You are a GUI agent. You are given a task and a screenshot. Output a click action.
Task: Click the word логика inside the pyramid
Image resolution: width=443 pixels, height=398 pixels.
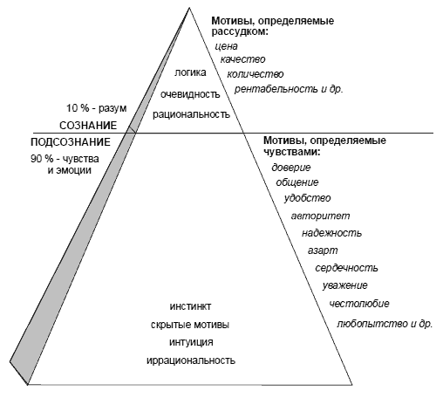point(190,72)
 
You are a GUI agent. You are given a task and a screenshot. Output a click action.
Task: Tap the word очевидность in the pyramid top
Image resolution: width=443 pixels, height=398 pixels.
point(190,94)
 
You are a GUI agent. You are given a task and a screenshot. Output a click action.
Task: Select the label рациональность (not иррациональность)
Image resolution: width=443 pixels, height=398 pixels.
point(191,114)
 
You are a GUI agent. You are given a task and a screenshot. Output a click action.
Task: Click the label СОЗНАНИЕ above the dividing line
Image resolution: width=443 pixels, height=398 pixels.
point(88,126)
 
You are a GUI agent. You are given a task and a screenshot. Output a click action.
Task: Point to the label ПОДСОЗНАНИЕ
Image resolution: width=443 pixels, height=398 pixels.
point(71,142)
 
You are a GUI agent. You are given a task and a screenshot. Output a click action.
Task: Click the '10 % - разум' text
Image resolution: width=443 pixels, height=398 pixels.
point(97,108)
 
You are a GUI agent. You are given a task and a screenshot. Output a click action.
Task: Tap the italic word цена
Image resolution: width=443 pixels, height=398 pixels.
point(226,46)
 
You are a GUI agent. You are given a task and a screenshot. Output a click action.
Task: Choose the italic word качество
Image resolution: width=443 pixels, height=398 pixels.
point(242,59)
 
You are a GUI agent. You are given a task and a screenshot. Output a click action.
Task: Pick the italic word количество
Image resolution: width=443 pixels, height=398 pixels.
point(256,74)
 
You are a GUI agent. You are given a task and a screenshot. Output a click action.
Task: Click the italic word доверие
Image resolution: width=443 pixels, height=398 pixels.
point(291,168)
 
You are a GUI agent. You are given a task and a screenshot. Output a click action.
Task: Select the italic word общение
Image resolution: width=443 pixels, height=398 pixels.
point(297,182)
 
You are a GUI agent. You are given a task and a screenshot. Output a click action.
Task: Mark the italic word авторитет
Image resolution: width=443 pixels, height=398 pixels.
point(321,216)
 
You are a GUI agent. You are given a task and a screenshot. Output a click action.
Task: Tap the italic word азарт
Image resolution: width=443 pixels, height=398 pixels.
point(323,250)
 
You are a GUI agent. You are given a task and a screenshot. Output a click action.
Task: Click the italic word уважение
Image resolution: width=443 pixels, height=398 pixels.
point(344,285)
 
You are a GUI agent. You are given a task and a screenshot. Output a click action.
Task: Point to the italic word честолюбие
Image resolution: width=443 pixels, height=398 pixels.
point(359,304)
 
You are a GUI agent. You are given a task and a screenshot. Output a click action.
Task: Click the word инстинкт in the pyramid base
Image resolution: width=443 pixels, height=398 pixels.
point(190,306)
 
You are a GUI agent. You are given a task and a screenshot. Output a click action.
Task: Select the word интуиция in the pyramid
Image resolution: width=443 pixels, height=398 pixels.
point(191,342)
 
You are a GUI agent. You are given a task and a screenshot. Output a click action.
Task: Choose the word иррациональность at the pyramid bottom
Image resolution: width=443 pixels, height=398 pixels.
point(191,360)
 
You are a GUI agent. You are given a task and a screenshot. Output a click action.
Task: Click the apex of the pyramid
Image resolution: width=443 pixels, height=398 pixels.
point(189,8)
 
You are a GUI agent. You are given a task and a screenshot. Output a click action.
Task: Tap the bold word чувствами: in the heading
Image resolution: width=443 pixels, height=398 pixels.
point(291,152)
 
